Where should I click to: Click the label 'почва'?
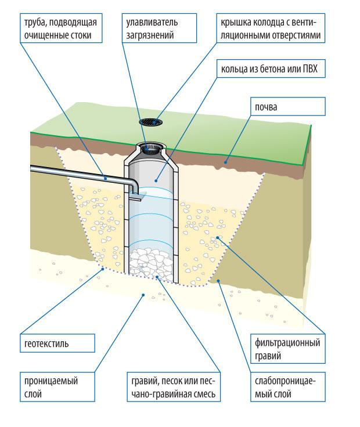pyautogui.click(x=265, y=108)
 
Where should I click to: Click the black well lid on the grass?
pyautogui.click(x=153, y=122)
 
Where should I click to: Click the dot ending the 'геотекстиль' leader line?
pyautogui.click(x=103, y=268)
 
